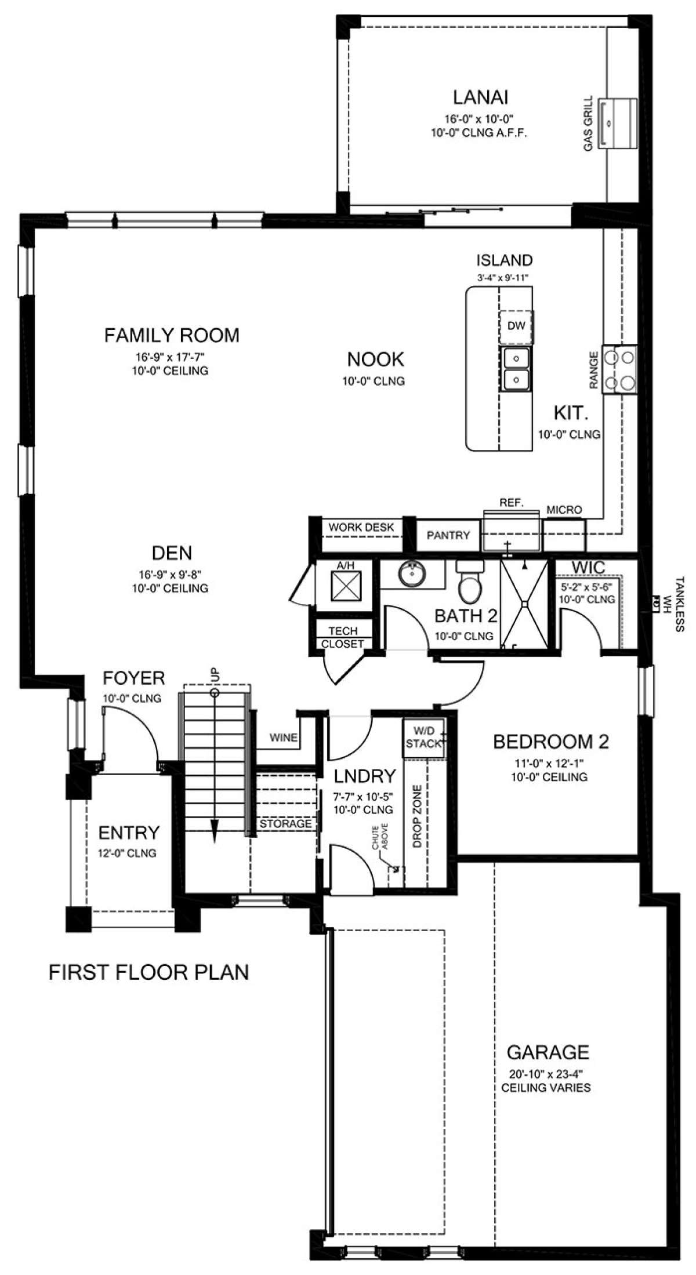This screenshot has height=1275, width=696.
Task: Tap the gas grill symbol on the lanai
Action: [619, 123]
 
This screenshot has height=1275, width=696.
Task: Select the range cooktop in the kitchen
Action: [619, 369]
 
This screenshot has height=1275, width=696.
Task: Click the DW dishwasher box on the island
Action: [516, 326]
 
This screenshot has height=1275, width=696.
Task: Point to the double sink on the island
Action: [516, 368]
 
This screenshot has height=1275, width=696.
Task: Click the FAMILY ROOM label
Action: [172, 335]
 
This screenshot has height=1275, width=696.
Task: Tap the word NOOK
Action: [375, 359]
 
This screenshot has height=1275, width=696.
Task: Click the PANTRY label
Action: [448, 535]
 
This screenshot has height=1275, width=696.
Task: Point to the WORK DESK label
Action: [361, 527]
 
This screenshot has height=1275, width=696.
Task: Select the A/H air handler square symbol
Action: [346, 586]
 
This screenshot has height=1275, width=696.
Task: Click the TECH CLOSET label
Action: [343, 637]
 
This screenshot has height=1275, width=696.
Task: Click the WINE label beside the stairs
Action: [284, 738]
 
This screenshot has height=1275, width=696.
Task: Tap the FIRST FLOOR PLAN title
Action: [148, 972]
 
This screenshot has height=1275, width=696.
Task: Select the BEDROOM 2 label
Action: [550, 742]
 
